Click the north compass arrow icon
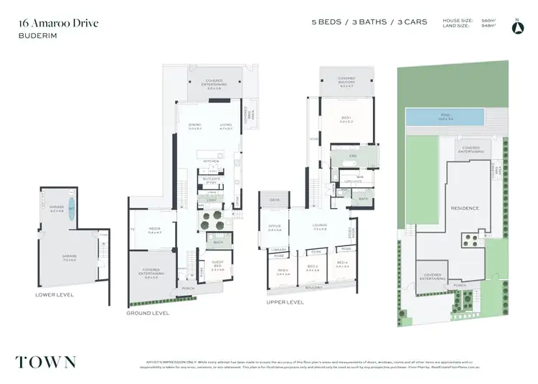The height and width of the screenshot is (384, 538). [516, 28]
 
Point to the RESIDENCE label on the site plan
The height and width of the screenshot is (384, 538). [464, 208]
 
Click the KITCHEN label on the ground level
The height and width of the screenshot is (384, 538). [210, 161]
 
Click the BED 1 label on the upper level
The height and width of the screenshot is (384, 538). [346, 120]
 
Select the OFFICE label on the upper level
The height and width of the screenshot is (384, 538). [274, 226]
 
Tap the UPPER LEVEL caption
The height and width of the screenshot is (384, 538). [285, 303]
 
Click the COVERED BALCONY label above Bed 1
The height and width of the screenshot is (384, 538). [346, 80]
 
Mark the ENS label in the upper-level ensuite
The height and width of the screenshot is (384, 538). [352, 155]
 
